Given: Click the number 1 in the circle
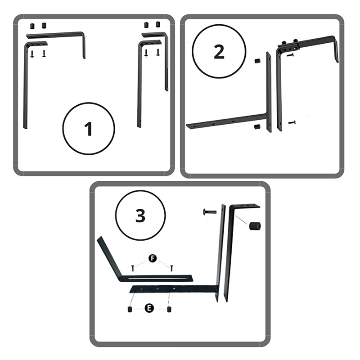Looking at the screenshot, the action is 88,129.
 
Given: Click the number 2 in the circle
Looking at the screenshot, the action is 219,52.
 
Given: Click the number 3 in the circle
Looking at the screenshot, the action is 140,216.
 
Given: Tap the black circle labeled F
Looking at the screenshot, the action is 153,258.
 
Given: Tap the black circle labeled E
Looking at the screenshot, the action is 149,308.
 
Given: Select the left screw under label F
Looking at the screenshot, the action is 132,268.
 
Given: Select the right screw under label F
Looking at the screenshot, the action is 171,268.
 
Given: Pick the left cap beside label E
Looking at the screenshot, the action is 130,309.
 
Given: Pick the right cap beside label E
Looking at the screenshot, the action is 170,309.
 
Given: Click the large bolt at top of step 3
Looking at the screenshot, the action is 210,212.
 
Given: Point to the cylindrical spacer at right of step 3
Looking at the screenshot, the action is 255,226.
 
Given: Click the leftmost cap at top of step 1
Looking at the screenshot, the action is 32,26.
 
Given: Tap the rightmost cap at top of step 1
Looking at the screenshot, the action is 157,24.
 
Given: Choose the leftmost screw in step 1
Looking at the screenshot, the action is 32,54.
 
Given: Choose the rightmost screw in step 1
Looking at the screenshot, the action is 157,52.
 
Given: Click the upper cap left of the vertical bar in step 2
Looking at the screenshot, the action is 257,62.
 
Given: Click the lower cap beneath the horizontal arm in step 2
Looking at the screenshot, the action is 257,127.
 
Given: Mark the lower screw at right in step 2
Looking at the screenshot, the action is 292,122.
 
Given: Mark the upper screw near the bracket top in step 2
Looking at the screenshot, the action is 290,55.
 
